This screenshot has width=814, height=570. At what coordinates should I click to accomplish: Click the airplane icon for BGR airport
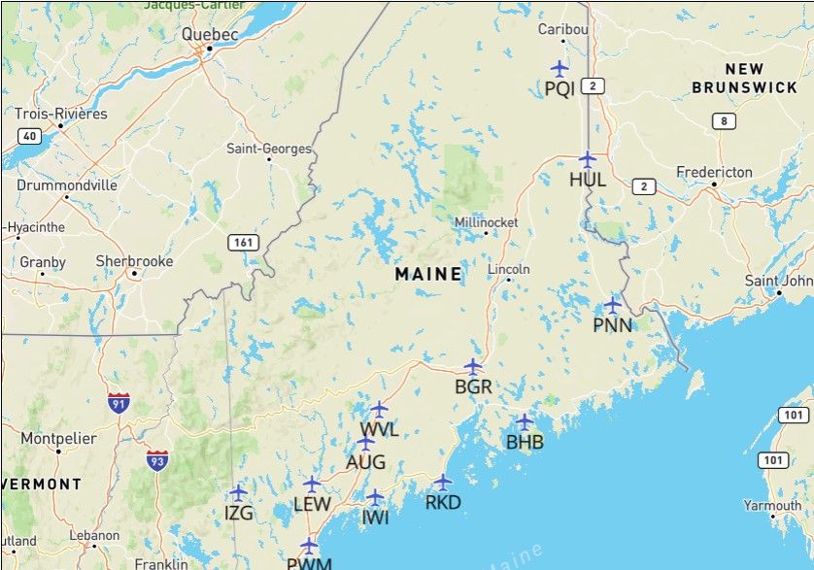[473, 367]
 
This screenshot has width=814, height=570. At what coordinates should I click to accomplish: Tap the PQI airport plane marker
[560, 68]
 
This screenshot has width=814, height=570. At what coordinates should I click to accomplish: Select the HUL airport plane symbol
[587, 158]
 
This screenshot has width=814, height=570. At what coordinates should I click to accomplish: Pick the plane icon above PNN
[612, 304]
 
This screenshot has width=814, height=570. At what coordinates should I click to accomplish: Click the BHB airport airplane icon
[524, 422]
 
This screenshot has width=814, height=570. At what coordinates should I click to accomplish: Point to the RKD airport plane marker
[443, 482]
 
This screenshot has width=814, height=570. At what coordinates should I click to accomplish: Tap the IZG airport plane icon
[238, 492]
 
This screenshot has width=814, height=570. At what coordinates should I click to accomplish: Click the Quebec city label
[210, 34]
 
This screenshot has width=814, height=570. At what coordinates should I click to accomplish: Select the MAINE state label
[428, 275]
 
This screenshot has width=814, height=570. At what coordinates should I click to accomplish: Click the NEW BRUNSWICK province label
[745, 78]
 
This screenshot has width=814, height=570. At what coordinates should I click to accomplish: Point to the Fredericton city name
[715, 172]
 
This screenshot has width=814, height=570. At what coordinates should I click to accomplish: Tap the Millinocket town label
[487, 222]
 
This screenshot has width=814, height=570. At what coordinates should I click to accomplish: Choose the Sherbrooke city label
[134, 261]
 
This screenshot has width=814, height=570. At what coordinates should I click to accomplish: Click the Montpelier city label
[58, 439]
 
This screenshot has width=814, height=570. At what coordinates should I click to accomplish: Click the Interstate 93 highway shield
[156, 460]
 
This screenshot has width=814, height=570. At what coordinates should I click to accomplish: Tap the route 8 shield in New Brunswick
[723, 121]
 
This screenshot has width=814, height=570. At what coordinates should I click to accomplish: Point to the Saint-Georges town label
[269, 149]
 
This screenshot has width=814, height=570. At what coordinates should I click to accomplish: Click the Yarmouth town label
[773, 505]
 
